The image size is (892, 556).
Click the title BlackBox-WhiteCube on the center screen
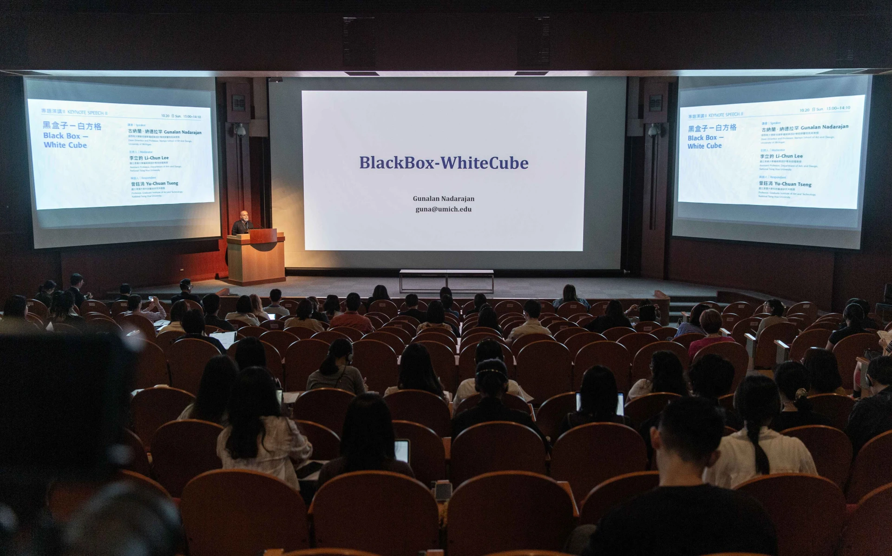pos(444,163)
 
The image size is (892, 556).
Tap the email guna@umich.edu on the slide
pos(443,209)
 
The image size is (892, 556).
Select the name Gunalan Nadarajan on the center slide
pos(443,199)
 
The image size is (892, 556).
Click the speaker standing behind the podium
pos(243,223)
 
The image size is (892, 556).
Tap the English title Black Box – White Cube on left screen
pos(66,140)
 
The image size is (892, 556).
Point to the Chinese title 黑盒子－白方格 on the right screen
pos(712,128)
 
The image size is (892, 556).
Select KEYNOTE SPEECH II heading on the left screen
pos(87,113)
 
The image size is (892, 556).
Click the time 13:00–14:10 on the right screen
pos(838,108)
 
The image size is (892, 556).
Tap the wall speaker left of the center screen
pos(238,103)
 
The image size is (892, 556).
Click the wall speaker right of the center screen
pos(656,103)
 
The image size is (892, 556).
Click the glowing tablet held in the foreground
pos(401,451)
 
